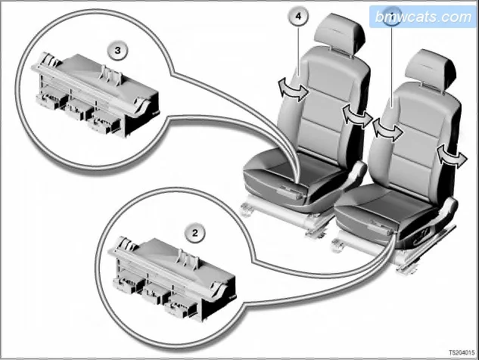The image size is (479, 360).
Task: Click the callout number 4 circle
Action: (298, 16)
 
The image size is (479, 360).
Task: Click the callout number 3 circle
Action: (117, 51)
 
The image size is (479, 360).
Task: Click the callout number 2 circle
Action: (195, 233)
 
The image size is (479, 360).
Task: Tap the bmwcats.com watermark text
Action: (423, 17)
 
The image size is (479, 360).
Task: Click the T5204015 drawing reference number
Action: (462, 352)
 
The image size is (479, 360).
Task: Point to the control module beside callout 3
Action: (95, 95)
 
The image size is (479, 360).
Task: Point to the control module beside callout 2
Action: (172, 278)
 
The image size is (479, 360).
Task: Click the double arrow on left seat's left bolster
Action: (294, 89)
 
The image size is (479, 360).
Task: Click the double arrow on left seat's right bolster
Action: (357, 116)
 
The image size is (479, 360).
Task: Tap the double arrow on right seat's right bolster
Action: (452, 157)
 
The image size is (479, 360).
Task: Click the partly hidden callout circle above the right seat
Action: (392, 14)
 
